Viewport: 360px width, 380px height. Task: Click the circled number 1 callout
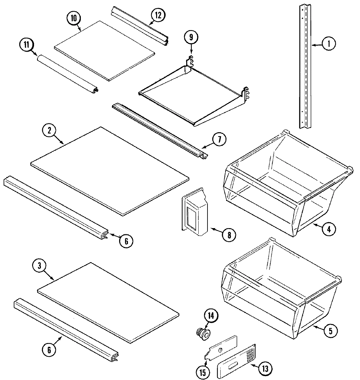[329, 44]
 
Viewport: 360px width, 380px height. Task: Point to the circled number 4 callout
[329, 229]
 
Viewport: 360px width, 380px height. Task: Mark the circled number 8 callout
[229, 234]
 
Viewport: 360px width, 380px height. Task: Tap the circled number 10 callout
[74, 18]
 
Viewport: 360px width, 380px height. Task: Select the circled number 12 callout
[158, 15]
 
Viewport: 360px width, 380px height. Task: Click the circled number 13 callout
[265, 369]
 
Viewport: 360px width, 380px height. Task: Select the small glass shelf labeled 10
[104, 51]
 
